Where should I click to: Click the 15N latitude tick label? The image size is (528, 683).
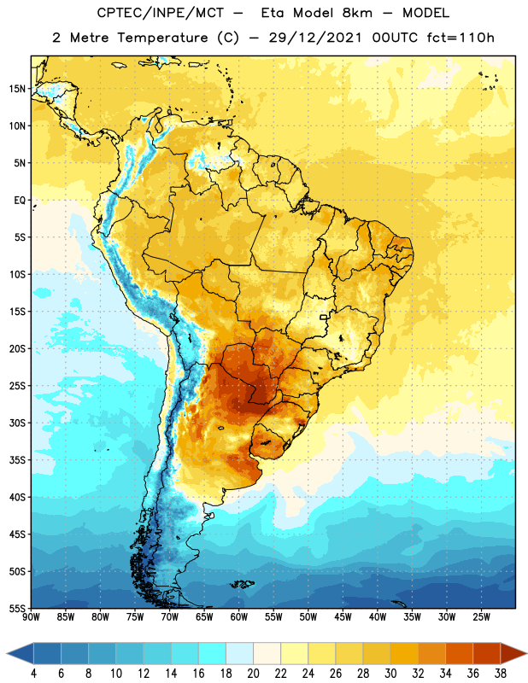pyautogui.click(x=17, y=89)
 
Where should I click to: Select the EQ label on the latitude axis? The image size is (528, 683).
pyautogui.click(x=20, y=201)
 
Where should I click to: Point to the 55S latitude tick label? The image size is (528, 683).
pyautogui.click(x=17, y=608)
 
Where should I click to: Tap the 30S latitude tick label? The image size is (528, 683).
pyautogui.click(x=17, y=423)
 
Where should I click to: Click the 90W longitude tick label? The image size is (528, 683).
pyautogui.click(x=31, y=617)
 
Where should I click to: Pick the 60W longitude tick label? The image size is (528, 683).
pyautogui.click(x=239, y=617)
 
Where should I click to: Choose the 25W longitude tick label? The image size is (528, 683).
pyautogui.click(x=481, y=617)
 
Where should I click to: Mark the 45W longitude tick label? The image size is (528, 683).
pyautogui.click(x=343, y=617)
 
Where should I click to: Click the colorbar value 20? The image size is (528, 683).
pyautogui.click(x=253, y=674)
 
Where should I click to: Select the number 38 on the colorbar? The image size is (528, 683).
pyautogui.click(x=501, y=674)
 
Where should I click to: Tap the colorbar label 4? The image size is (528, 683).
pyautogui.click(x=33, y=674)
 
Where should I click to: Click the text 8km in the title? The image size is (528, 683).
pyautogui.click(x=357, y=13)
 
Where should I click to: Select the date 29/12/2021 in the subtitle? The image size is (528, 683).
pyautogui.click(x=315, y=38)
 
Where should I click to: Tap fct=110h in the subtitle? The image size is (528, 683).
pyautogui.click(x=461, y=38)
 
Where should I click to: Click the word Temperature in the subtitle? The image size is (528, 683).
pyautogui.click(x=162, y=38)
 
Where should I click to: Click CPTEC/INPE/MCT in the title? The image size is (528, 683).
pyautogui.click(x=160, y=13)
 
